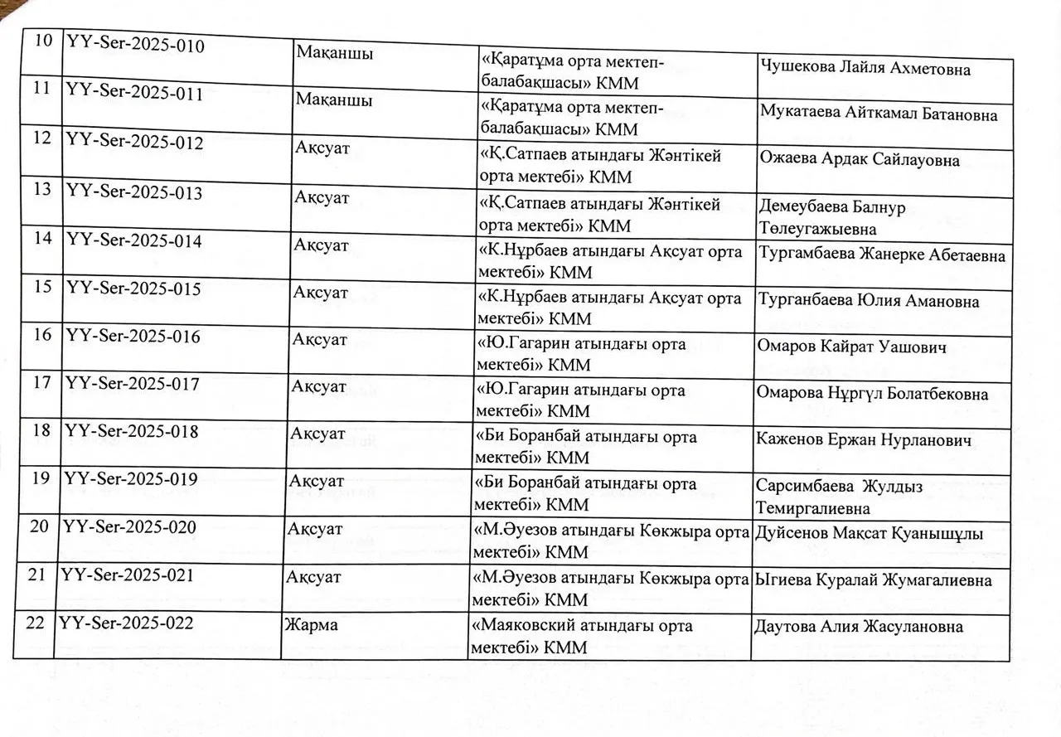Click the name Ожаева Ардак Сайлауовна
pyautogui.click(x=859, y=161)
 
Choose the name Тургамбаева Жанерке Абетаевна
pyautogui.click(x=882, y=255)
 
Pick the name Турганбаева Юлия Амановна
pyautogui.click(x=868, y=301)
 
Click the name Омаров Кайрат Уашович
pyautogui.click(x=851, y=347)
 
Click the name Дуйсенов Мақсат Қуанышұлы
pyautogui.click(x=869, y=534)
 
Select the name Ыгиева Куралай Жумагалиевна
pyautogui.click(x=873, y=580)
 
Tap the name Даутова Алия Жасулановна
pyautogui.click(x=859, y=627)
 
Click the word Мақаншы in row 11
pyautogui.click(x=333, y=99)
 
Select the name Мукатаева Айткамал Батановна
pyautogui.click(x=878, y=115)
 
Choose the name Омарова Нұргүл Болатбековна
pyautogui.click(x=872, y=394)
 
